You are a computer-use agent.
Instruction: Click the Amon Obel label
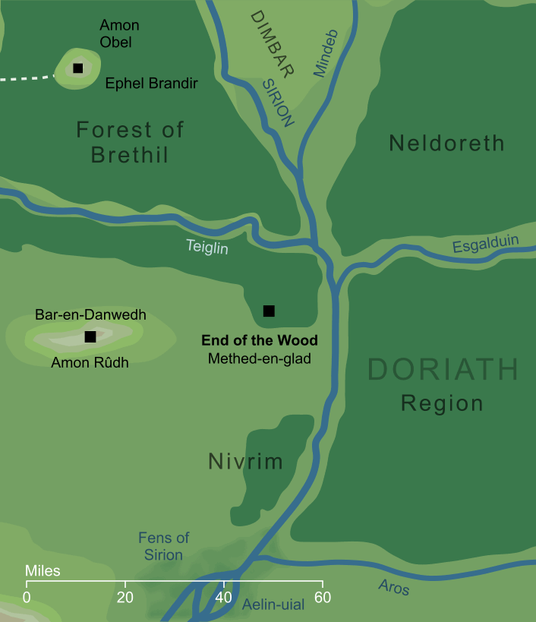[119, 34]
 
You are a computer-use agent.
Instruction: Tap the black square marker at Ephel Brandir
[77, 68]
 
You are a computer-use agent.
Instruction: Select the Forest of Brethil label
[130, 142]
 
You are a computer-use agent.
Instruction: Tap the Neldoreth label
[446, 143]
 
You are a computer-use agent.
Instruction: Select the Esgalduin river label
[486, 245]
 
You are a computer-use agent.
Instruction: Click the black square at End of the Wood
[268, 311]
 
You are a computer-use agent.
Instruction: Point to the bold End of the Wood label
[260, 340]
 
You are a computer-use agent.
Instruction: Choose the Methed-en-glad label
[260, 358]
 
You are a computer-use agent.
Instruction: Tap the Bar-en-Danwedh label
[90, 314]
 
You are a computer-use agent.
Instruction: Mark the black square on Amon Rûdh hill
[90, 336]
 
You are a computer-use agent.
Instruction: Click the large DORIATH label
[443, 371]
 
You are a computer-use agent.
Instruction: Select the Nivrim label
[245, 461]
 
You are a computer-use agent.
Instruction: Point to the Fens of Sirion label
[164, 546]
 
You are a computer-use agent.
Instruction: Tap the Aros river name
[393, 587]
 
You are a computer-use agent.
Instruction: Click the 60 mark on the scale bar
[323, 597]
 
